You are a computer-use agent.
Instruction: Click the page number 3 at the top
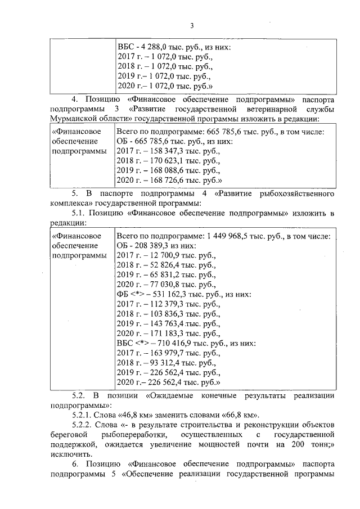click(x=191, y=25)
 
